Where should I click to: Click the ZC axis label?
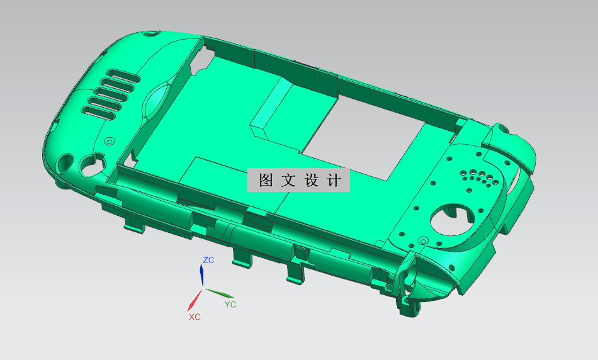click(x=209, y=259)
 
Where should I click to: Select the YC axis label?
click(x=230, y=304)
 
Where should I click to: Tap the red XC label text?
click(x=195, y=317)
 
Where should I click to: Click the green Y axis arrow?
click(x=220, y=293)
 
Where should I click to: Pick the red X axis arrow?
click(x=195, y=300)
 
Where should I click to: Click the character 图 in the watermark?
click(x=266, y=181)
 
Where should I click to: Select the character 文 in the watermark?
click(x=288, y=181)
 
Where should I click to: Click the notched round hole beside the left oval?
click(x=88, y=166)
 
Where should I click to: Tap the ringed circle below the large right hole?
click(x=422, y=240)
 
